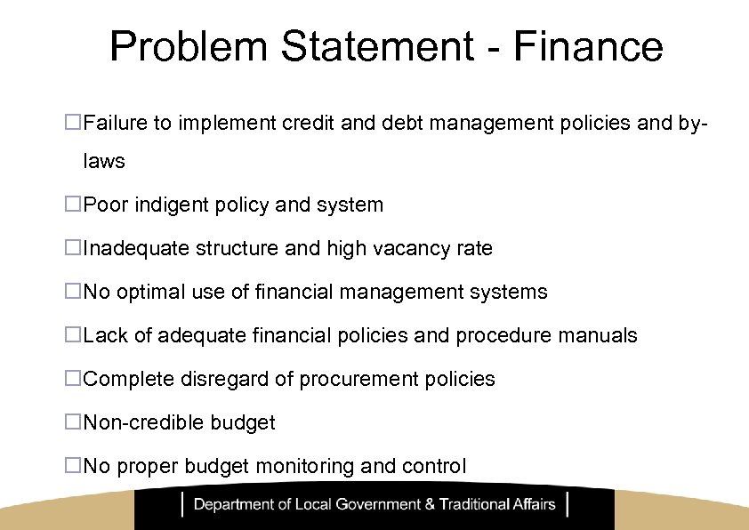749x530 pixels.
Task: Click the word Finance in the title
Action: coord(589,47)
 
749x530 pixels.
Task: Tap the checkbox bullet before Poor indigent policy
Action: coord(73,205)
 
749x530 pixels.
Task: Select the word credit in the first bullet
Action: coord(309,124)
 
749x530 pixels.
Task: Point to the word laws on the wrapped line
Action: coord(104,162)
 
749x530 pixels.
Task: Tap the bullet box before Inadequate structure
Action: coord(73,248)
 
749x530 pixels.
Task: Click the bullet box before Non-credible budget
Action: coord(73,422)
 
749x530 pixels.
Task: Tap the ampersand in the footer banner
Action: coord(431,505)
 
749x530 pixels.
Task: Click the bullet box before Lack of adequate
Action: coord(73,335)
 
